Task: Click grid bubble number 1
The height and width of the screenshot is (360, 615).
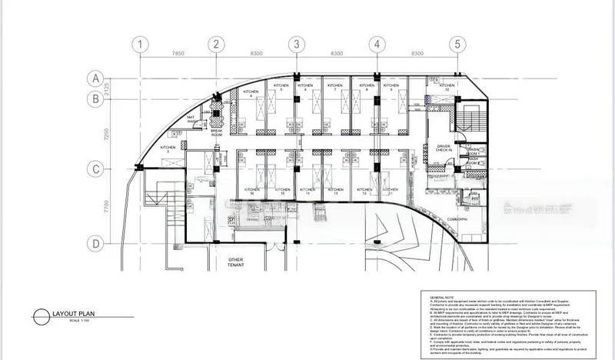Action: pyautogui.click(x=139, y=45)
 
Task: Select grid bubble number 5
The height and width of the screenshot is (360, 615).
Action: pyautogui.click(x=458, y=45)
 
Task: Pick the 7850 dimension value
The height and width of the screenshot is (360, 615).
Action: pyautogui.click(x=178, y=54)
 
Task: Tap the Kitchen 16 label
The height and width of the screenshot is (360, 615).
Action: pyautogui.click(x=251, y=192)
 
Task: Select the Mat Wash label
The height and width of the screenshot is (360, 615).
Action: pyautogui.click(x=194, y=121)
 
